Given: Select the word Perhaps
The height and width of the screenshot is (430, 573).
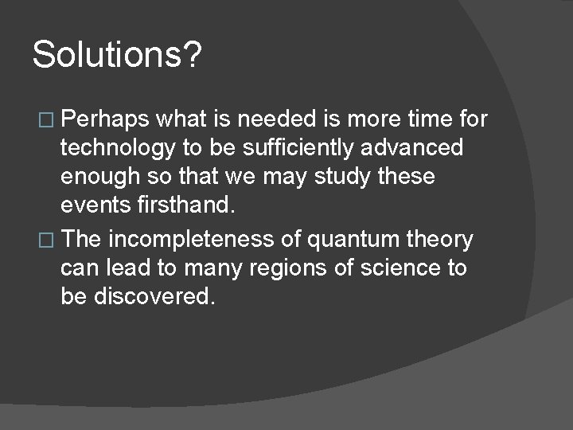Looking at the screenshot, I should [106, 119].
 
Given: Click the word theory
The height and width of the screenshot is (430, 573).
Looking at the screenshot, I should [440, 239].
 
